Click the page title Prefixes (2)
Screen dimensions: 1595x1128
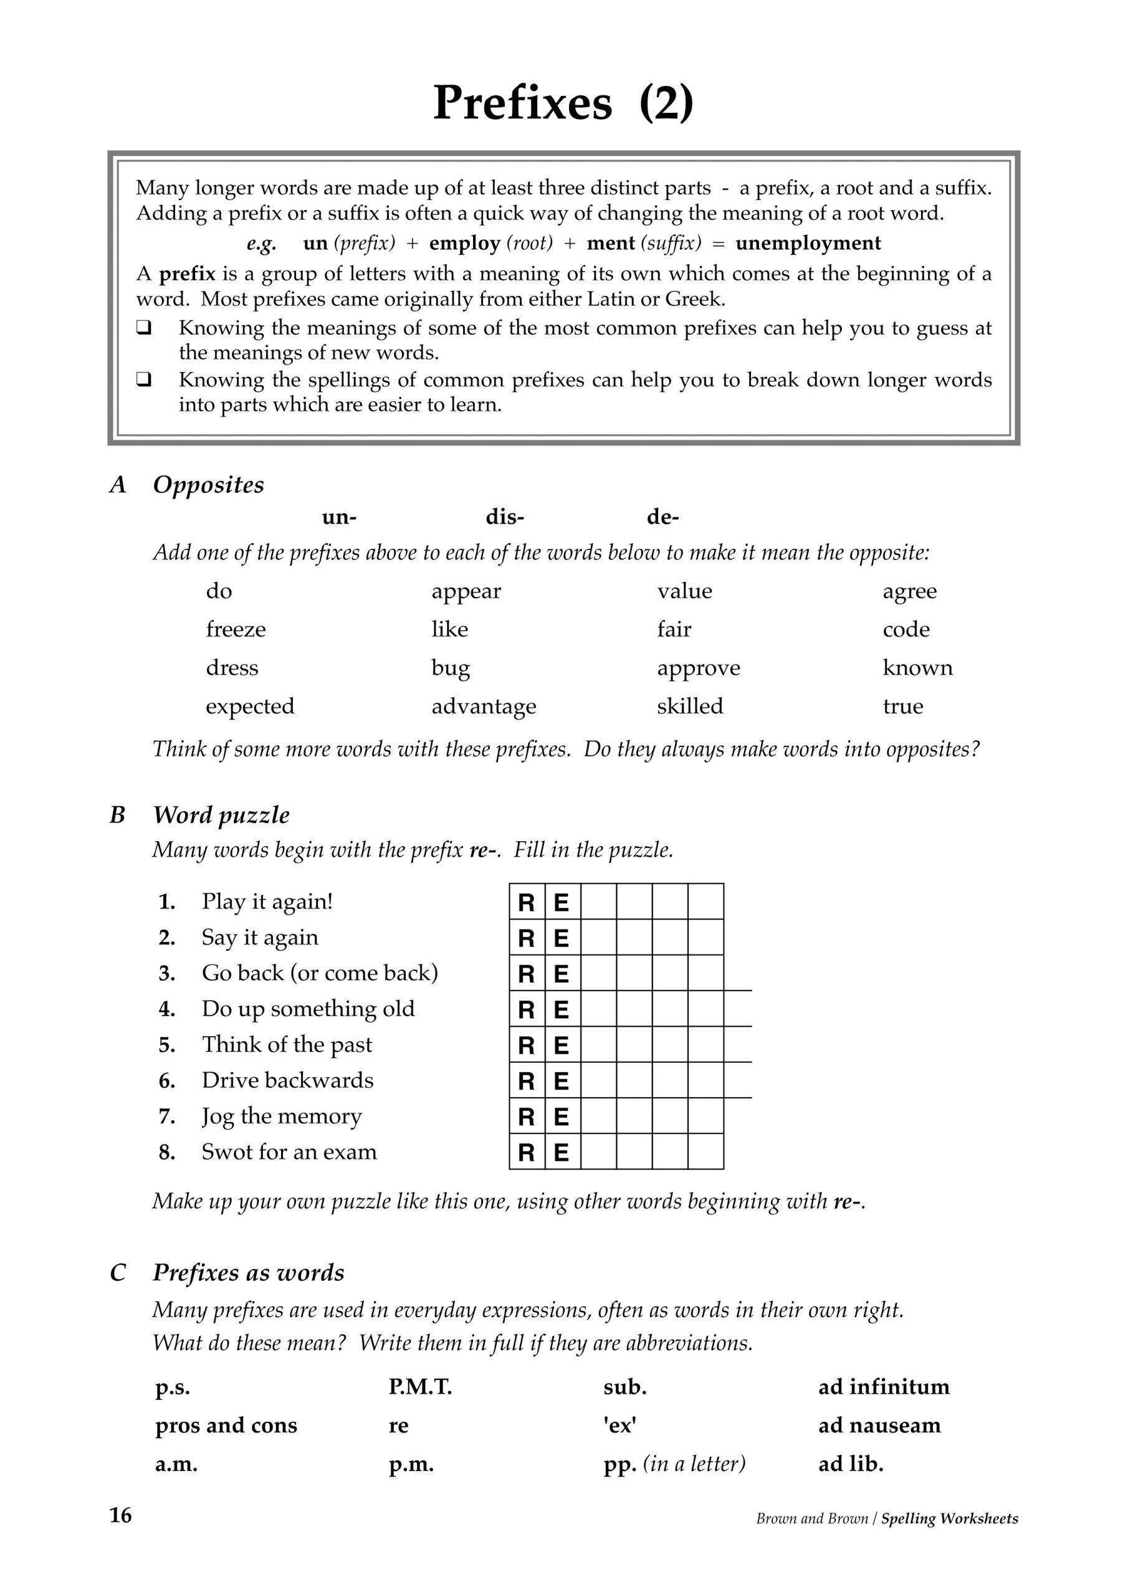pyautogui.click(x=563, y=103)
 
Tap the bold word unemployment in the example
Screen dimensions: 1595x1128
pyautogui.click(x=808, y=243)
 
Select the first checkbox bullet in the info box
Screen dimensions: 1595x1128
pyautogui.click(x=144, y=327)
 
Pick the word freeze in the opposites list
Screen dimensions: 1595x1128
pyautogui.click(x=236, y=629)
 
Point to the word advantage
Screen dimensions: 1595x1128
pyautogui.click(x=484, y=707)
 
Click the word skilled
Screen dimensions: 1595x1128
pyautogui.click(x=689, y=707)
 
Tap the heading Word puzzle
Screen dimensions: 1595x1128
pyautogui.click(x=221, y=815)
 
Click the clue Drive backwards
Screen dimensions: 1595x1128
pyautogui.click(x=287, y=1080)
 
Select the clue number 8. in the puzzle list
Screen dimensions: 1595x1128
pyautogui.click(x=167, y=1153)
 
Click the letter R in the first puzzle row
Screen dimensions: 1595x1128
pyautogui.click(x=526, y=902)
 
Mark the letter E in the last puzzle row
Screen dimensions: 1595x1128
pyautogui.click(x=562, y=1153)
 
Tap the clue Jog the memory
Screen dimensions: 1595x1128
pyautogui.click(x=282, y=1116)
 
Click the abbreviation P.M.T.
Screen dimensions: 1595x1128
pyautogui.click(x=420, y=1388)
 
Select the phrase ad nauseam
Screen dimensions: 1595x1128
pyautogui.click(x=879, y=1426)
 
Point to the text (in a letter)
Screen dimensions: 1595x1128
pyautogui.click(x=694, y=1464)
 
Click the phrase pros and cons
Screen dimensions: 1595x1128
pyautogui.click(x=226, y=1426)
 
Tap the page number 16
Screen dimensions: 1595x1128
pyautogui.click(x=120, y=1515)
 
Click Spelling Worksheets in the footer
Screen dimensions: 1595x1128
pyautogui.click(x=949, y=1518)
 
